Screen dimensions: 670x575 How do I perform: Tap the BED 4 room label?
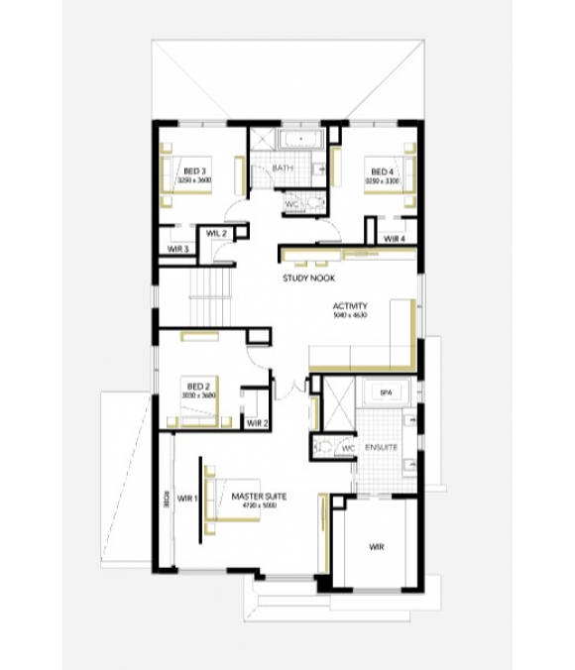(x=380, y=171)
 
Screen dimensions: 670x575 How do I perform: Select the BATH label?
(x=283, y=168)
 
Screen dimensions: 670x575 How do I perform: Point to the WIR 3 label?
(x=178, y=248)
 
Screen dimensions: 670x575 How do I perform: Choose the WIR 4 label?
(x=395, y=239)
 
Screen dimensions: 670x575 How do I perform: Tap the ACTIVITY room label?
(x=351, y=306)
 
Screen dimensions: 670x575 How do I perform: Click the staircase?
(x=211, y=297)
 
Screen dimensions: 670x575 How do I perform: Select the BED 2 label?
(x=198, y=386)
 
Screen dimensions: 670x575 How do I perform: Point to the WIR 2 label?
(x=258, y=423)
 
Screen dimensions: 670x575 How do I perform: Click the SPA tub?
(x=387, y=393)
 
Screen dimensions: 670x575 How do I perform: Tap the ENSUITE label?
(x=381, y=448)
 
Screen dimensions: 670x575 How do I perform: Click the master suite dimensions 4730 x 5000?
(x=255, y=505)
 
